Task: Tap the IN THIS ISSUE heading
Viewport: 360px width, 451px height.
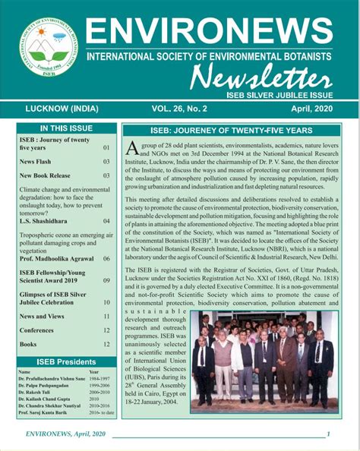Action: point(68,129)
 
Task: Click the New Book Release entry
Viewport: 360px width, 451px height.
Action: point(45,175)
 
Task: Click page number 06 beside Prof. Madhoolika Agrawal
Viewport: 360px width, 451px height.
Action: point(106,259)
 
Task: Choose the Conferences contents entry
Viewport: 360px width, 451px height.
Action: point(36,330)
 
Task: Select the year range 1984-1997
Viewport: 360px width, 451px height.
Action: point(99,379)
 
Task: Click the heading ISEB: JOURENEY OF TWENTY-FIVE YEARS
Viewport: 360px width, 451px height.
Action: point(229,130)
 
